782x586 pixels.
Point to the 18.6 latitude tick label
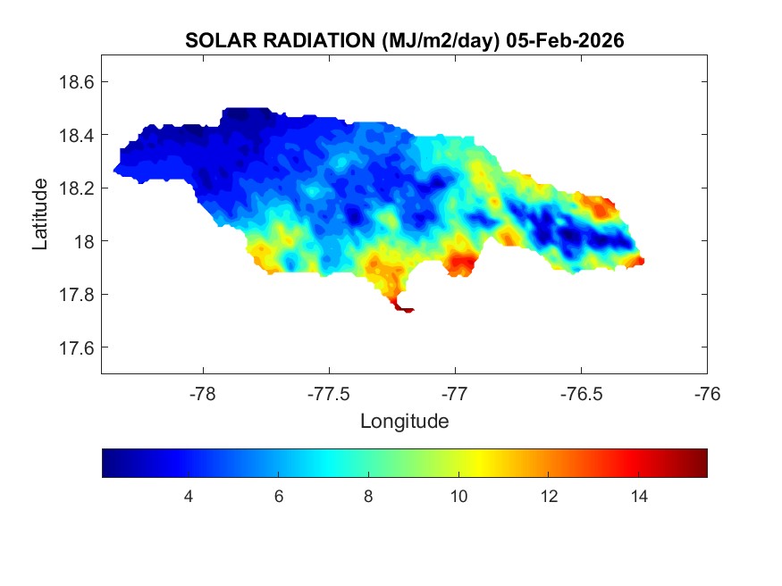coord(76,82)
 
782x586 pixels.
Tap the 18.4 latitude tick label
coord(76,135)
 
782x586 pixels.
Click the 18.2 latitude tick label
coord(76,188)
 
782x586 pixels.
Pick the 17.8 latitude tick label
coord(76,295)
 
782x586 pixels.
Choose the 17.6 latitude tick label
coord(76,347)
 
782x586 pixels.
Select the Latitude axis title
coord(40,214)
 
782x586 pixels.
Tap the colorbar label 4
coord(189,497)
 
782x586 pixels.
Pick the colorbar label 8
coord(368,497)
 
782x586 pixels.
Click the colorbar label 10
coord(458,497)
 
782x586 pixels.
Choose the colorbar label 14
coord(638,497)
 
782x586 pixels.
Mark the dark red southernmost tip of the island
coord(407,310)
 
